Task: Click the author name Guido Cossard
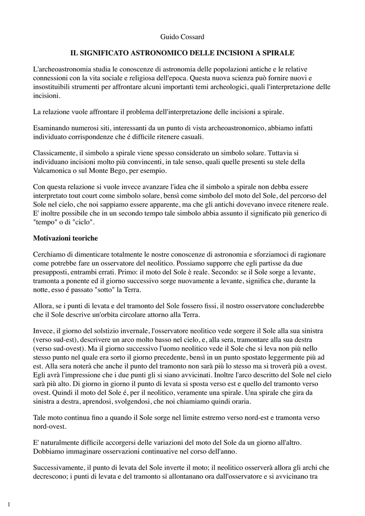(x=182, y=37)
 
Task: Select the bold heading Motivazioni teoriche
(x=66, y=237)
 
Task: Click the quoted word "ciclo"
(x=84, y=223)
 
